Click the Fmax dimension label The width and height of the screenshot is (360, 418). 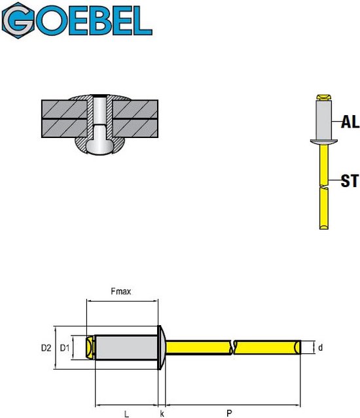click(121, 292)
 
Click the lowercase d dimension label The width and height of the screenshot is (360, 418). click(320, 348)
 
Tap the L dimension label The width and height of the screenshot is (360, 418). click(125, 413)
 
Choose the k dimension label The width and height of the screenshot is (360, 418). click(162, 413)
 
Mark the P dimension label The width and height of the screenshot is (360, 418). click(228, 413)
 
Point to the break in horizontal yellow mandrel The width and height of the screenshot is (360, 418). click(234, 347)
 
